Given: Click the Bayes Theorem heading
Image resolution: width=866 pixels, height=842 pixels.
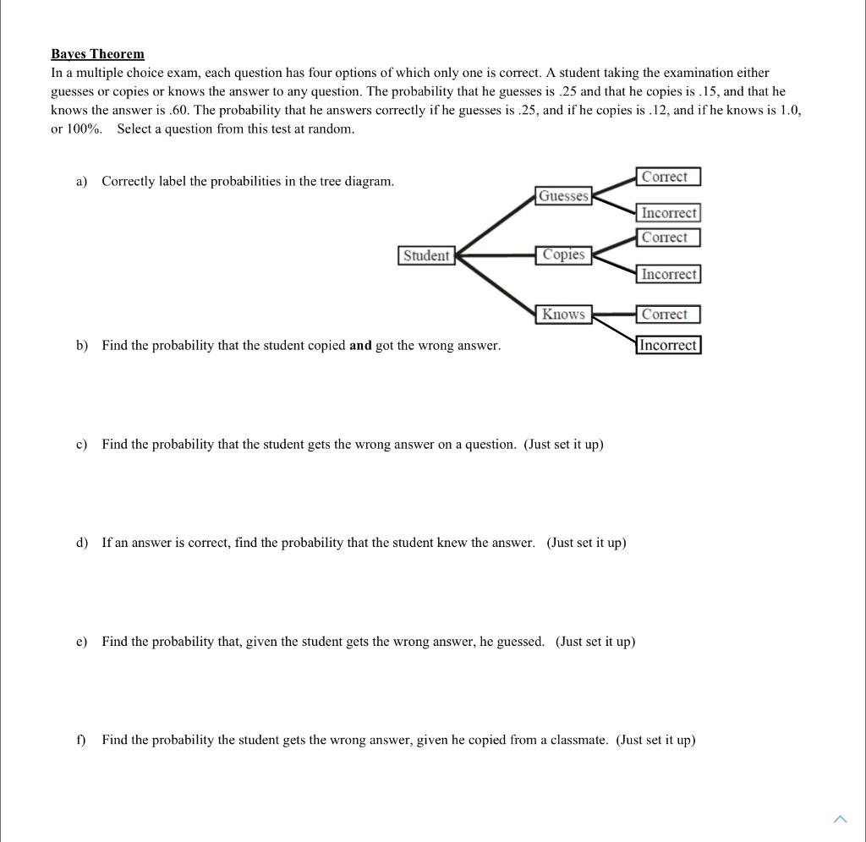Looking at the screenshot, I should (97, 54).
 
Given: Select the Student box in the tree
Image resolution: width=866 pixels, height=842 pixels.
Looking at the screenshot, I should (426, 255).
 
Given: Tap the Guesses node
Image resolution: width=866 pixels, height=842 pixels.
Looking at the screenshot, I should (563, 196).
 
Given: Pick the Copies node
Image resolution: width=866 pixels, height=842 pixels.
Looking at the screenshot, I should (563, 254).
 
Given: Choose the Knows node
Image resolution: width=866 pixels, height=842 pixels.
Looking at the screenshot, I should (563, 314).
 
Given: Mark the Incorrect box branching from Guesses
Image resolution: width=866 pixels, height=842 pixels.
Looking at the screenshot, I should (669, 213).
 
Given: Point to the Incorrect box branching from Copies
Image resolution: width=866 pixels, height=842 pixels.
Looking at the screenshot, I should (669, 274).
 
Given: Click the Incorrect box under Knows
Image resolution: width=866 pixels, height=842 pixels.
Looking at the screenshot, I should (668, 345).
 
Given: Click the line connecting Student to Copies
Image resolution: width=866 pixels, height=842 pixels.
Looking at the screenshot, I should (495, 254).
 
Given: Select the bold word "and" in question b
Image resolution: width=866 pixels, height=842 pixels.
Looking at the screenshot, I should (360, 346).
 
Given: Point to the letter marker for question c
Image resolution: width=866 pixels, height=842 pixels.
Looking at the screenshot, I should (81, 445).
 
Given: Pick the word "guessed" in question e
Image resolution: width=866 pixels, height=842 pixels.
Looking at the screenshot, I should (519, 642).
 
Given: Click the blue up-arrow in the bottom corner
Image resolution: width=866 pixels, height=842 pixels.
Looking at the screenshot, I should (839, 818).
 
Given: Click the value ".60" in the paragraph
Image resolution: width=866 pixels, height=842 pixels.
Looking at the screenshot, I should (178, 111).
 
